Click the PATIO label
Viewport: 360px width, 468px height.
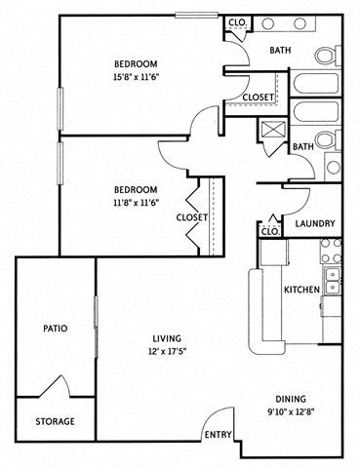[x=55, y=329]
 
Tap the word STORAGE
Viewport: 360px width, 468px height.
[x=55, y=422]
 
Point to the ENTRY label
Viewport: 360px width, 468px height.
[x=218, y=435]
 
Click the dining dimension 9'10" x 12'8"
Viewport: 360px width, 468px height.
[x=290, y=412]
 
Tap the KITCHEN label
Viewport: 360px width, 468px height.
[x=300, y=291]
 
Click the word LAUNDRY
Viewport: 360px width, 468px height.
[x=315, y=223]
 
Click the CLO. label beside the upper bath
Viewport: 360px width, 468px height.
[x=236, y=22]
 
